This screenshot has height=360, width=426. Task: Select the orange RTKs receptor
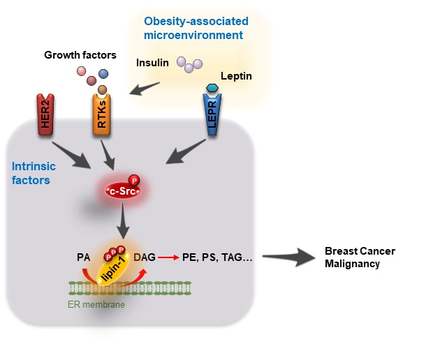103,115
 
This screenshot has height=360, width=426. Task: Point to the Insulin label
152,63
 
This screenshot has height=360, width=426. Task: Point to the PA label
83,257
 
